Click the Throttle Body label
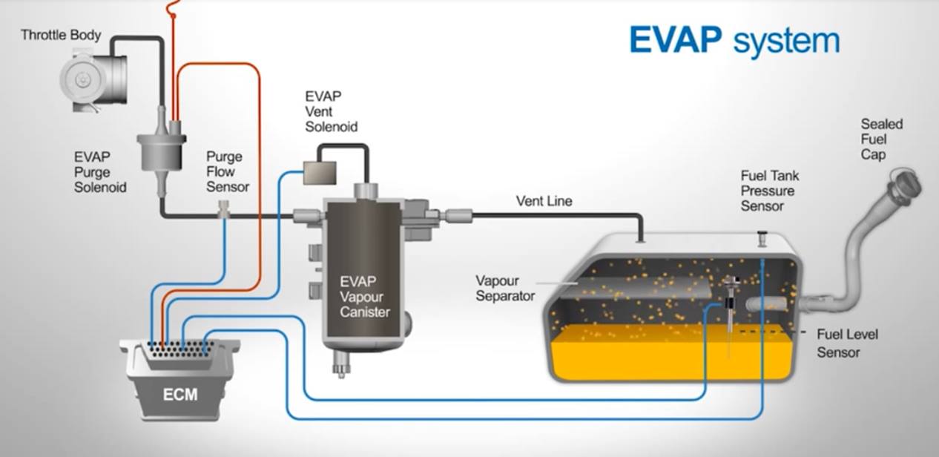pos(61,35)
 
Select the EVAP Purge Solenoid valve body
pos(162,151)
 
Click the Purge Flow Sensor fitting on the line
pos(224,209)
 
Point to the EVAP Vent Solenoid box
pos(320,173)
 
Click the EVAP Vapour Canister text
pos(365,297)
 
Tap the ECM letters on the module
pos(180,395)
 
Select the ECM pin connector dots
pos(181,349)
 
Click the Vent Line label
pos(544,201)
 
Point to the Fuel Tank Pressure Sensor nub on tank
pos(762,239)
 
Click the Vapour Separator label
pos(505,289)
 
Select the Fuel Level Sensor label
pos(847,343)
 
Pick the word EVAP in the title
pos(676,40)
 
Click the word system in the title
pos(787,42)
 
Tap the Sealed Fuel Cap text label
pos(882,139)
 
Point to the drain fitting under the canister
pos(341,365)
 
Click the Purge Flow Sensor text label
pos(228,172)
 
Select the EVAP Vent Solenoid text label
pos(331,111)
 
